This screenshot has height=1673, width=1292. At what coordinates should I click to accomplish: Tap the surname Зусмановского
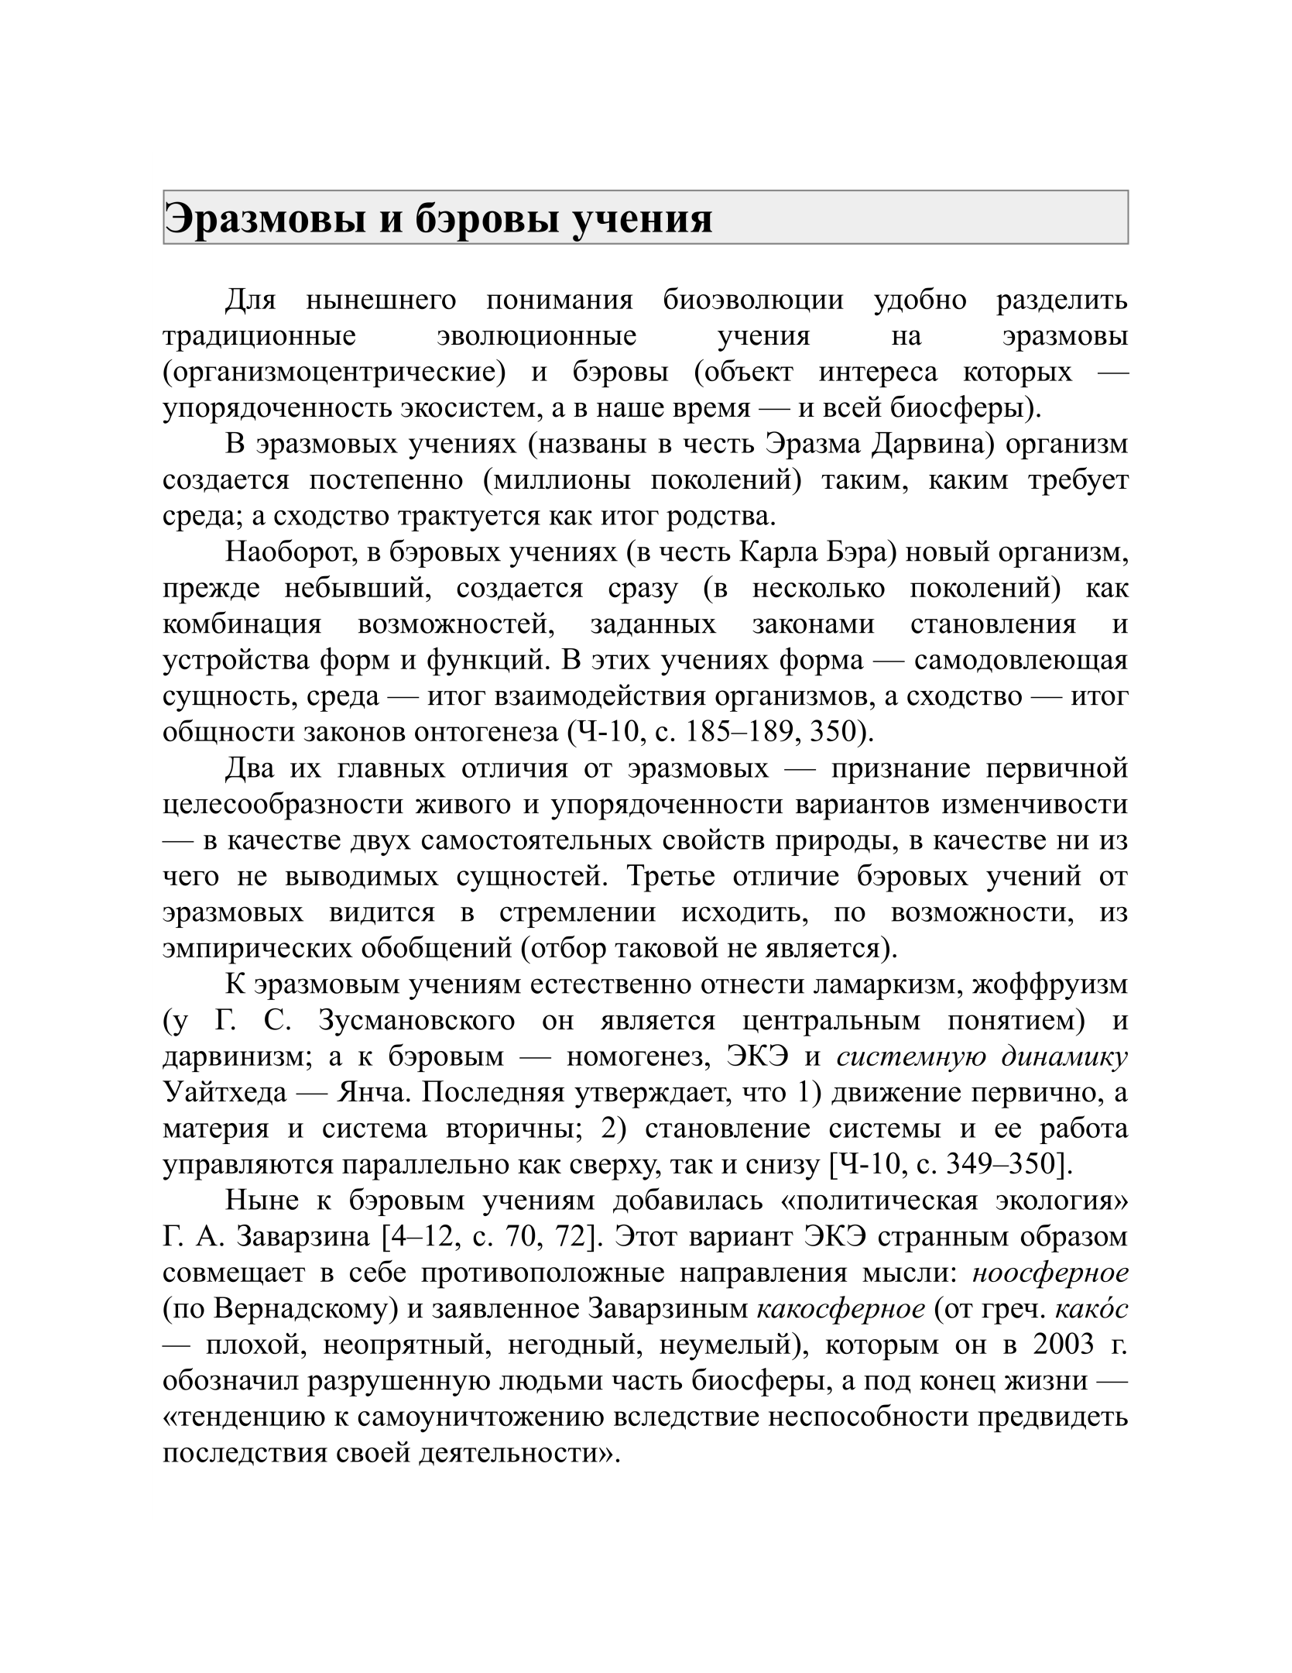pos(416,1021)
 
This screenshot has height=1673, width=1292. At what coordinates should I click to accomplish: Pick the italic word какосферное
pos(840,1309)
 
